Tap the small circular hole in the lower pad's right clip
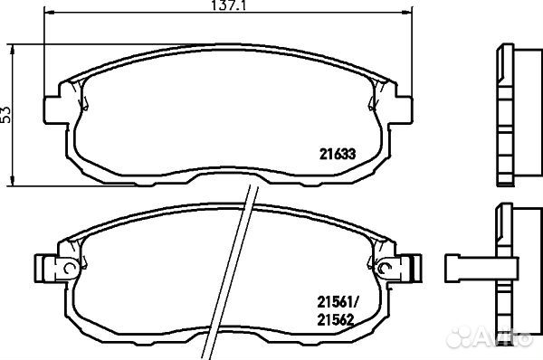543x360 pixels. click(x=386, y=267)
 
